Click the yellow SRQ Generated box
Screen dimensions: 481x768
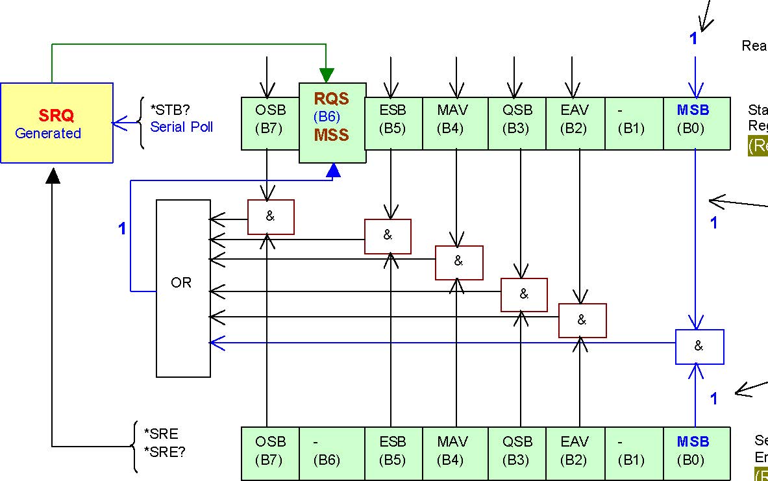(x=56, y=123)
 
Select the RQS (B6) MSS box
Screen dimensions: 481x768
(x=332, y=123)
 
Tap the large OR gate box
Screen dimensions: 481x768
(x=183, y=288)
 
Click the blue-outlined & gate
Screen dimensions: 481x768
(x=699, y=347)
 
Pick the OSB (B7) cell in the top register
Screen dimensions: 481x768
(x=270, y=123)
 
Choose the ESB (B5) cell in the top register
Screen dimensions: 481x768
(x=393, y=123)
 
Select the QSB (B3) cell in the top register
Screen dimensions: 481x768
(x=517, y=123)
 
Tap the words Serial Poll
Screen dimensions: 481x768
(x=181, y=127)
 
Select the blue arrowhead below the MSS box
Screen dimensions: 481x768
(x=333, y=170)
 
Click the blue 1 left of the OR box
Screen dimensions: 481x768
(x=121, y=228)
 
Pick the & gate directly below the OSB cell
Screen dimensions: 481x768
(x=271, y=217)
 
